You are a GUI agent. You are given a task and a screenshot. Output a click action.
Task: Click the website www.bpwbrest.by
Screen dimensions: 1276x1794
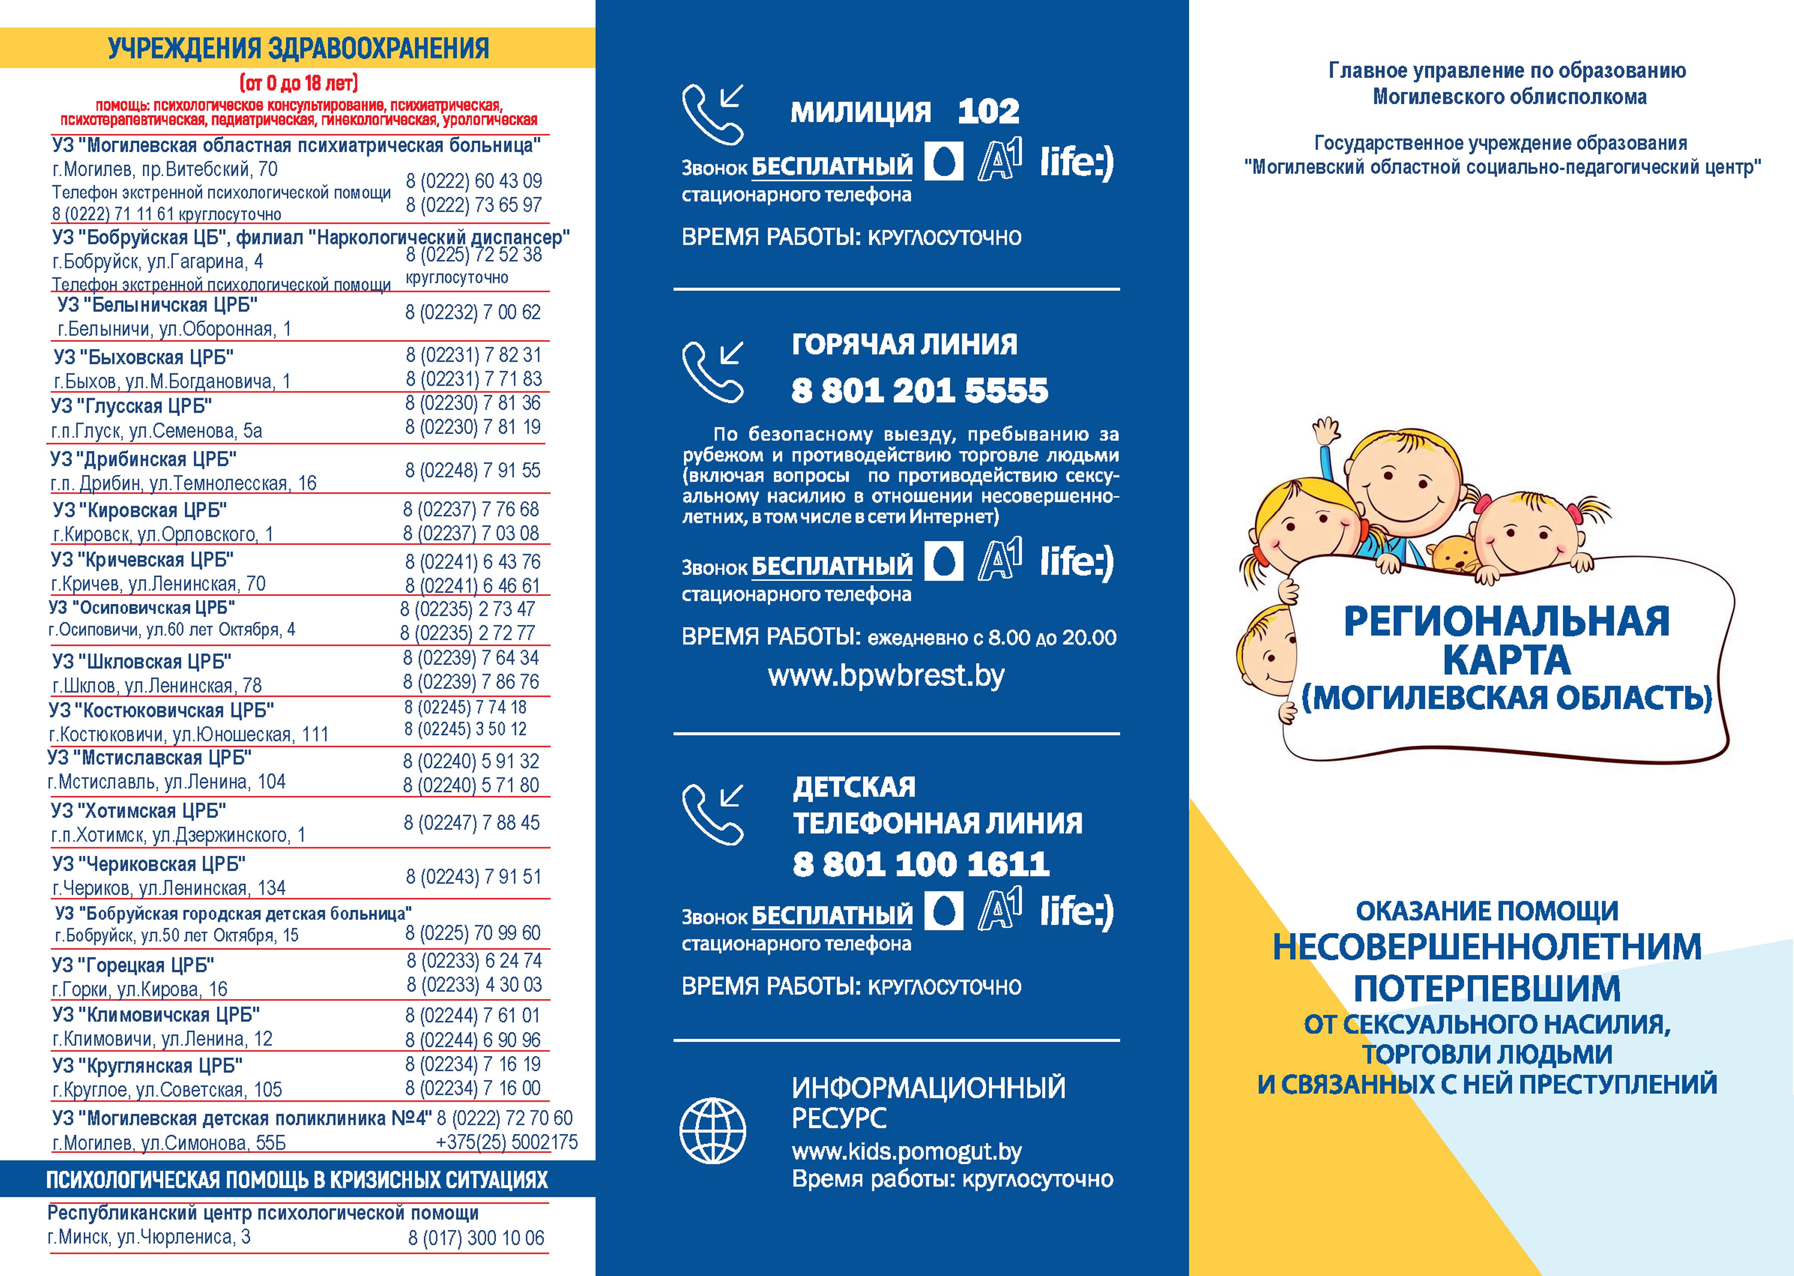886,676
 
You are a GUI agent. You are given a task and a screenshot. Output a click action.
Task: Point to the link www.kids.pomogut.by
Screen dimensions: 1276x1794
906,1152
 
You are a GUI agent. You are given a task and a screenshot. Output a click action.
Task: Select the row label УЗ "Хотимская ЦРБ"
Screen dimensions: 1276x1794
138,811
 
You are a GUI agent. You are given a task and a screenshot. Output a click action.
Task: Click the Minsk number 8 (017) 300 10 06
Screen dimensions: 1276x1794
476,1238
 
